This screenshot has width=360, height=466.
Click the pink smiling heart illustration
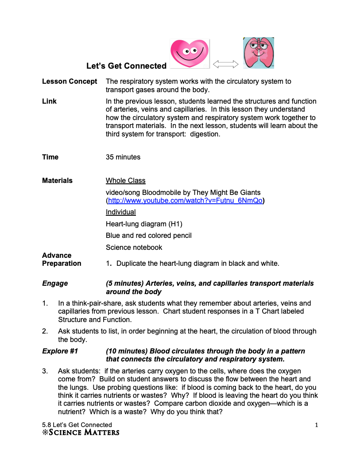pyautogui.click(x=190, y=53)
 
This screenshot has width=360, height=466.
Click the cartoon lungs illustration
pyautogui.click(x=258, y=53)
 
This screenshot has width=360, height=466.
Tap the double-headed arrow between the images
pyautogui.click(x=226, y=65)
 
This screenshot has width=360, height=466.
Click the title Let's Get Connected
pyautogui.click(x=126, y=66)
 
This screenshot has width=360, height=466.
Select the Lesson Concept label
pyautogui.click(x=70, y=82)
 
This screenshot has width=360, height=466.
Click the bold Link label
pyautogui.click(x=49, y=101)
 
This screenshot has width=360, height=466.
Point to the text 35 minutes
pyautogui.click(x=123, y=157)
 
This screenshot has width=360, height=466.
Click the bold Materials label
pyautogui.click(x=57, y=181)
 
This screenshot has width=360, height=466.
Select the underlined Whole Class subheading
pyautogui.click(x=125, y=181)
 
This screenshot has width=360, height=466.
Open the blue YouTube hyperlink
pyautogui.click(x=185, y=201)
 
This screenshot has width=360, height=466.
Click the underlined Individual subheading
pyautogui.click(x=120, y=212)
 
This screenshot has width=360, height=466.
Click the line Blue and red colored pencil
pyautogui.click(x=148, y=236)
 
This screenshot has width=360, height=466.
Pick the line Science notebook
pyautogui.click(x=134, y=248)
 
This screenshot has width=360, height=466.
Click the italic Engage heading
pyautogui.click(x=55, y=283)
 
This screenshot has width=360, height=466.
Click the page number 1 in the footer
pyautogui.click(x=316, y=425)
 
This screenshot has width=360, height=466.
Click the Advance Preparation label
pyautogui.click(x=62, y=260)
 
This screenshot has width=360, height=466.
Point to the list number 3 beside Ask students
pyautogui.click(x=45, y=371)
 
